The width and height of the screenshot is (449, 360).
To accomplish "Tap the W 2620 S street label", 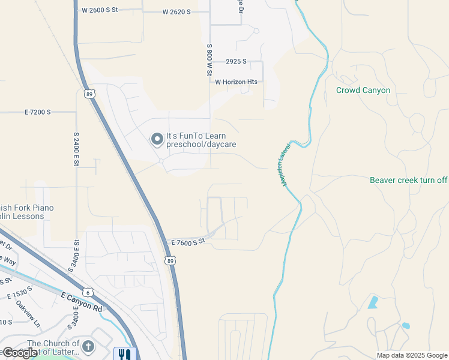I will pos(176,12).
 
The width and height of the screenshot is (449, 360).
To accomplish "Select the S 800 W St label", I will pos(209,59).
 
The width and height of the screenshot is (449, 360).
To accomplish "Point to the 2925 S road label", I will pos(237,62).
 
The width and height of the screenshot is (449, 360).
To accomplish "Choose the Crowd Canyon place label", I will pos(363,91).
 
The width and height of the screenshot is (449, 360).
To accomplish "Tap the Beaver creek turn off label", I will pos(409,180).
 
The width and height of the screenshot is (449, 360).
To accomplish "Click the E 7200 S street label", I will pos(38,112).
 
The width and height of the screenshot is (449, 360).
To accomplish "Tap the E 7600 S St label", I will pos(188,241).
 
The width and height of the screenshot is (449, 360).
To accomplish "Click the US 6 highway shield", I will pos(89,292).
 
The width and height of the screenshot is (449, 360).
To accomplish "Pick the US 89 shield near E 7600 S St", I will pos(170,260).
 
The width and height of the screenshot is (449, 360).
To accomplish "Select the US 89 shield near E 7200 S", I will pos(89,94).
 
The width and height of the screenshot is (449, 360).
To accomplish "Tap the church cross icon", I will pos(88,347).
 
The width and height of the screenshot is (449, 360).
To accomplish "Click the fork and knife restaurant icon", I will pos(125,354).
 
